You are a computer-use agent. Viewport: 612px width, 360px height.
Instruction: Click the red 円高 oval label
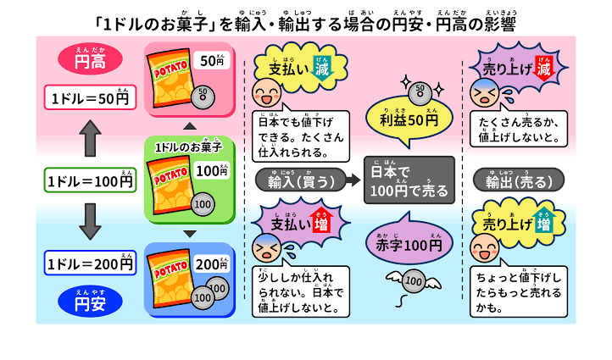(90, 59)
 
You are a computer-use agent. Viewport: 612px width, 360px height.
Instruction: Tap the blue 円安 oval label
(90, 301)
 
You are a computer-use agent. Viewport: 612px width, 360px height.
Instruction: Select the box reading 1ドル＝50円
(90, 97)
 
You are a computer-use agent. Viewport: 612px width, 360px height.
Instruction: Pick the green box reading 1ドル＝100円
(90, 180)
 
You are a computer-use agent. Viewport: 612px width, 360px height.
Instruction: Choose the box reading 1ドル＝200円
(90, 263)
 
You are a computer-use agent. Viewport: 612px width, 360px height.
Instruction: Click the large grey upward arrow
(90, 138)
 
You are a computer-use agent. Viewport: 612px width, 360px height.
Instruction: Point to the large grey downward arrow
(90, 222)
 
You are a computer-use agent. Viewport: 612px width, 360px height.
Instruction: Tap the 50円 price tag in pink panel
(212, 60)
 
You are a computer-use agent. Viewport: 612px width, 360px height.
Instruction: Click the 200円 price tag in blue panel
(212, 263)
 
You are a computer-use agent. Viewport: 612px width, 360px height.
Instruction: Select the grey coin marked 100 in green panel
(203, 204)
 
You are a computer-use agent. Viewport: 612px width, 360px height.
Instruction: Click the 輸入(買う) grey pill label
(301, 180)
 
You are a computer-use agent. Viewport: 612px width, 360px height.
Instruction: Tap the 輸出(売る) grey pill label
(519, 180)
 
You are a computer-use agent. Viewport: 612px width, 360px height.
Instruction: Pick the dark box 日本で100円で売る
(409, 180)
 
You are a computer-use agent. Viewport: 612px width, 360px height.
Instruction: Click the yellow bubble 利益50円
(409, 119)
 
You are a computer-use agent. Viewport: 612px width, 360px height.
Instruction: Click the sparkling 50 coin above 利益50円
(420, 92)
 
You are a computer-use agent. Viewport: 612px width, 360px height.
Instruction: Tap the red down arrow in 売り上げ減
(543, 68)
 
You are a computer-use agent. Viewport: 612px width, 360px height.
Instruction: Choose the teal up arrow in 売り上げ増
(543, 221)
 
